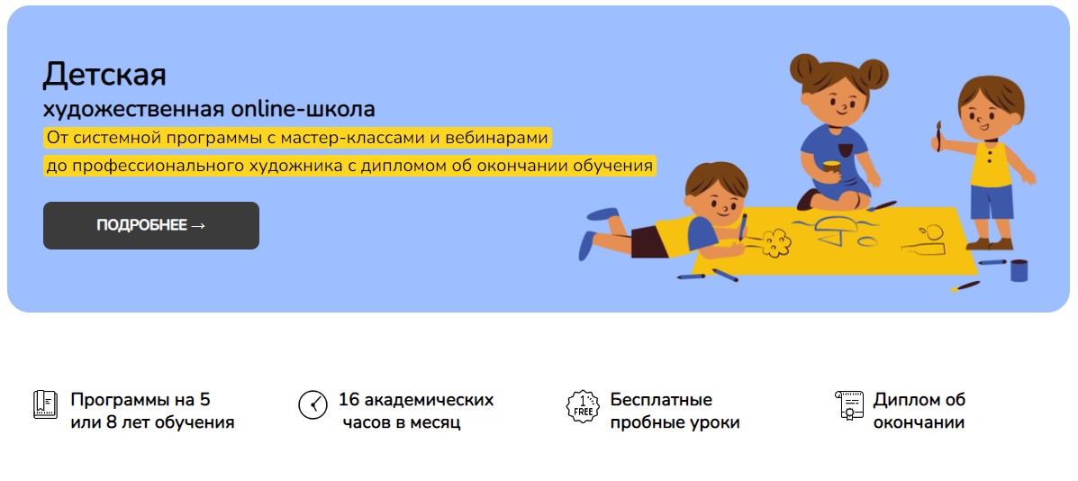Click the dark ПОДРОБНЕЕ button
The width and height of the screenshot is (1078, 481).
[150, 225]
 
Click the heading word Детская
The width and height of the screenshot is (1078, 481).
[104, 74]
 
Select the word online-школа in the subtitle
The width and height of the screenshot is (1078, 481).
[303, 109]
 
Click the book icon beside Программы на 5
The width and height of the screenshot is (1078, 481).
[45, 404]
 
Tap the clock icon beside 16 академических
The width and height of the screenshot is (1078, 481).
[313, 404]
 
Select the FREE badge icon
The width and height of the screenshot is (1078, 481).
[583, 407]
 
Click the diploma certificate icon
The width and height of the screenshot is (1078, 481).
[848, 407]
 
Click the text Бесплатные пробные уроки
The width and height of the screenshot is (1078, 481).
[674, 411]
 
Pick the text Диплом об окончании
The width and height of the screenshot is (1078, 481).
[919, 411]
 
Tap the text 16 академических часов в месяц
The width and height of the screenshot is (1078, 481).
[414, 411]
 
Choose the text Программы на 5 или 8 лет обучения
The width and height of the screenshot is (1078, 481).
[151, 411]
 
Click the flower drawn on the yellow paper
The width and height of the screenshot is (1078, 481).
[775, 240]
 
